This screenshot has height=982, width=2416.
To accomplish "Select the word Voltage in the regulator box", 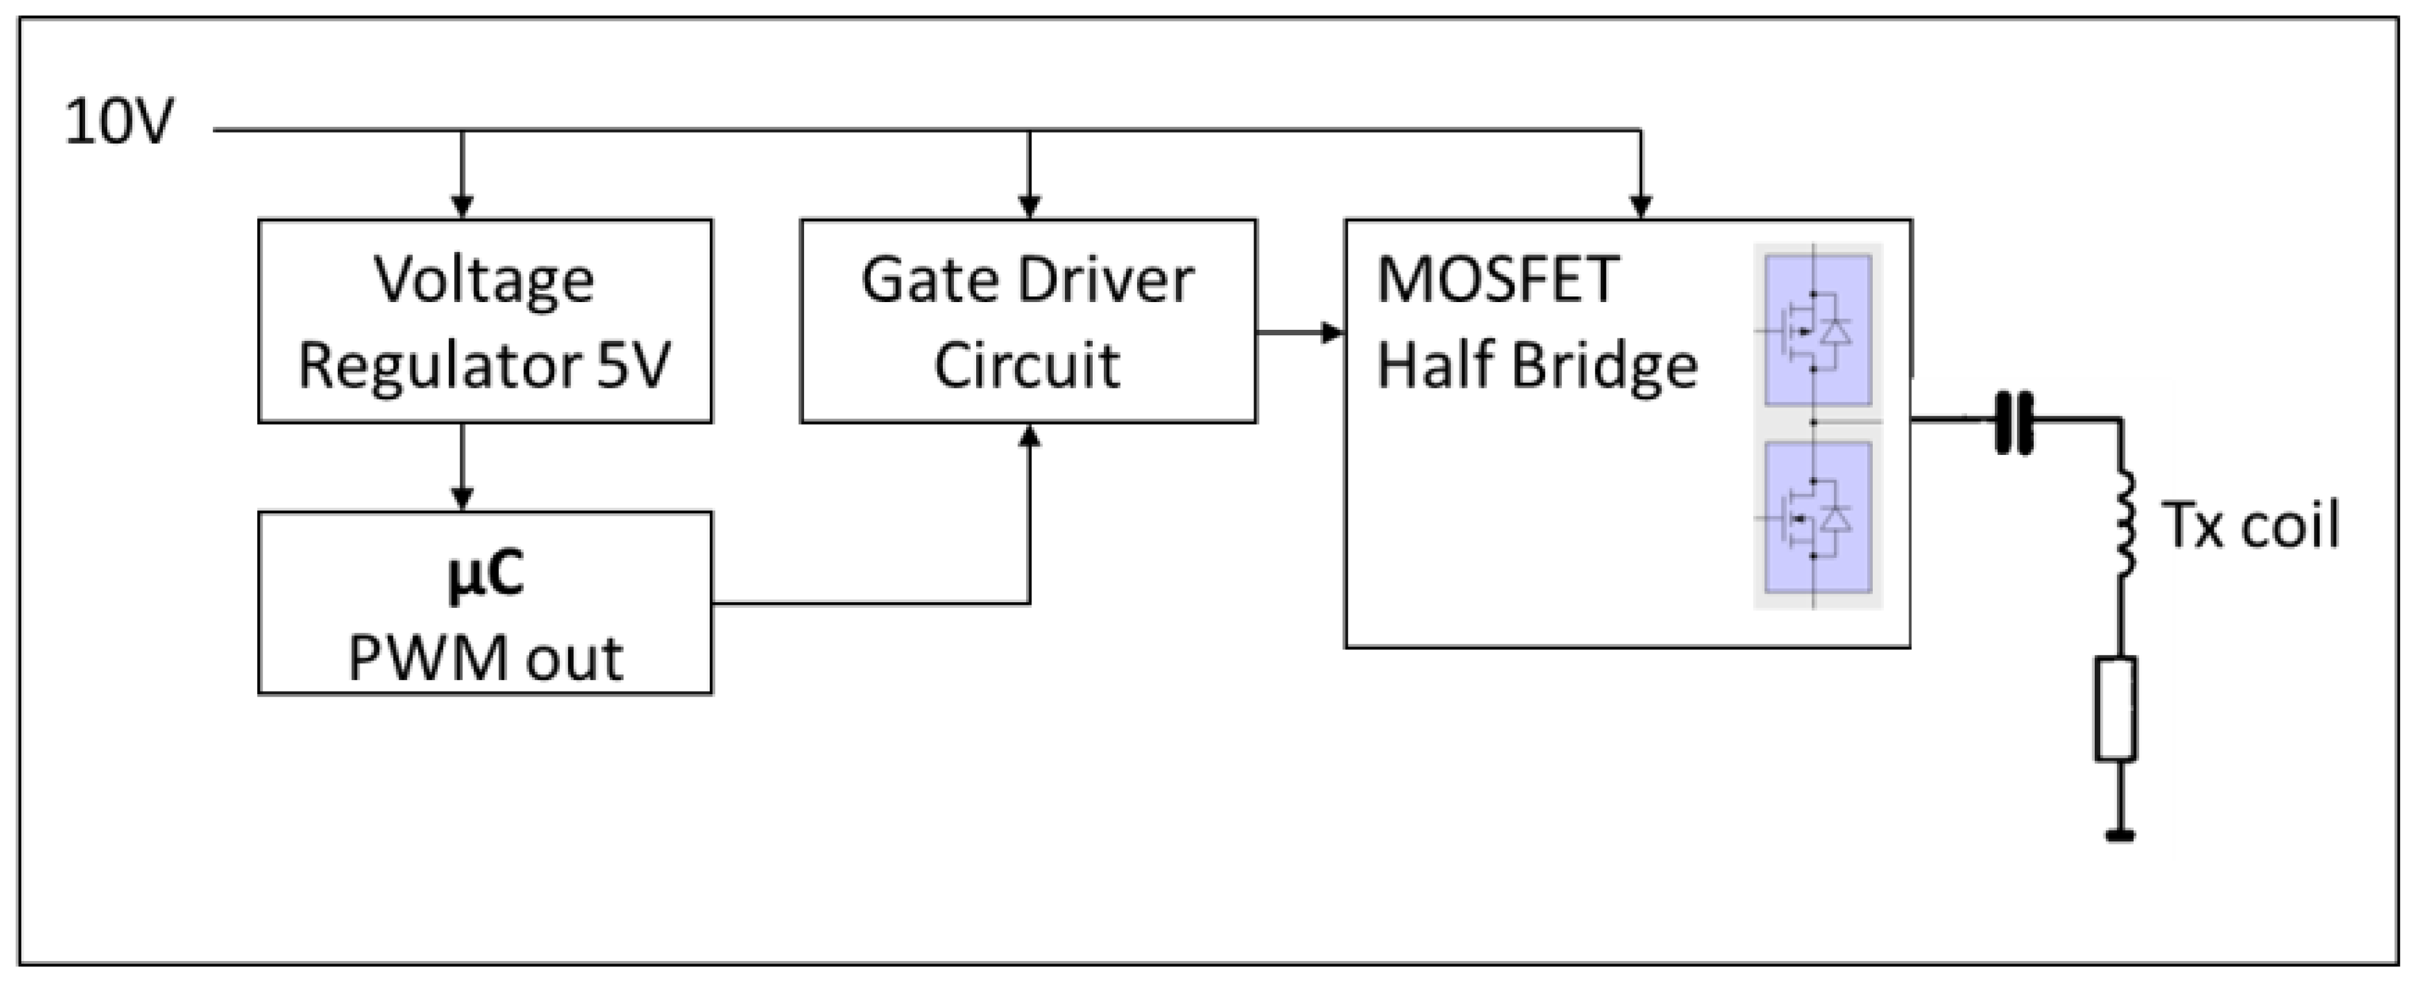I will click(484, 279).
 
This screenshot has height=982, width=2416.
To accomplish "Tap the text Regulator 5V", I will click(484, 366).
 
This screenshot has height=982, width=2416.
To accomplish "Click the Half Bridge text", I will click(1536, 366).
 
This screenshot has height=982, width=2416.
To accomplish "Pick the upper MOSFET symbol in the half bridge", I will click(1818, 330).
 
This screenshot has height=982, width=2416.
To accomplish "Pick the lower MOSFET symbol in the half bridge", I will click(1818, 518).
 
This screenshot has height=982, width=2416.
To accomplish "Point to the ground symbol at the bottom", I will click(2119, 835).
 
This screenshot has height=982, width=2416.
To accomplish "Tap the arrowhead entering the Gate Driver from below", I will click(1030, 436).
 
